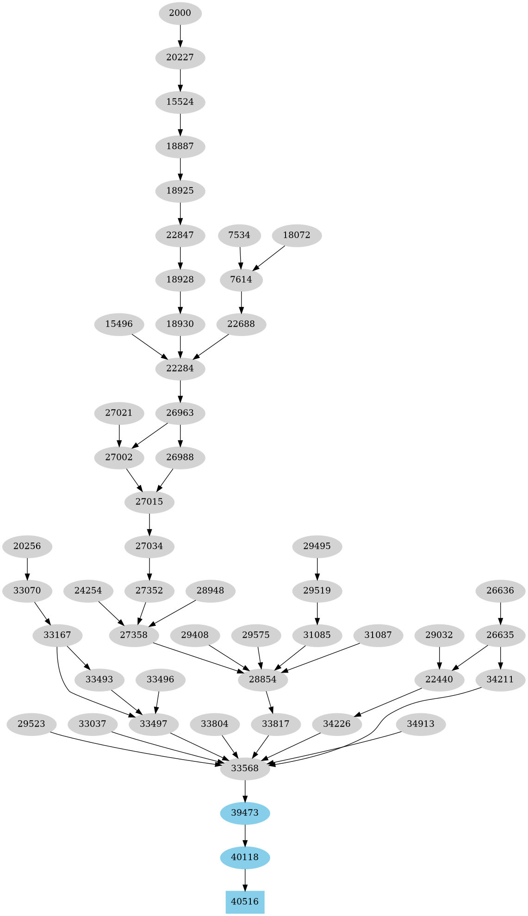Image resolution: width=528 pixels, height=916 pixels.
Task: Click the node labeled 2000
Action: click(x=180, y=13)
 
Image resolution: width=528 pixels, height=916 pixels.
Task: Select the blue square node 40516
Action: click(x=245, y=902)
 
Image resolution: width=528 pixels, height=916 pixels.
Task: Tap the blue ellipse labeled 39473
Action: click(x=245, y=813)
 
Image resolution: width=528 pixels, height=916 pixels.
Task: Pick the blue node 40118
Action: click(x=245, y=857)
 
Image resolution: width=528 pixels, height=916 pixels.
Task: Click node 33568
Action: click(x=245, y=768)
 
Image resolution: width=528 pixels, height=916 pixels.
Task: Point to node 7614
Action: click(x=241, y=280)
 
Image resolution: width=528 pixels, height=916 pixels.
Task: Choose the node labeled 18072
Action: click(x=297, y=235)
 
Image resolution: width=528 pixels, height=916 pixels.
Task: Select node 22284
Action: click(x=180, y=368)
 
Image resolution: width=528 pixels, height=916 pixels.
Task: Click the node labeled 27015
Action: click(x=149, y=502)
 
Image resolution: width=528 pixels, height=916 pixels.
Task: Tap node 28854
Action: click(x=263, y=679)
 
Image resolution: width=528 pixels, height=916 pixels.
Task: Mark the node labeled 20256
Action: click(x=27, y=546)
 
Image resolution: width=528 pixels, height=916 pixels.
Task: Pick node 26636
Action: click(x=501, y=591)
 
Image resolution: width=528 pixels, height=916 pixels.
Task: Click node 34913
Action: click(x=421, y=724)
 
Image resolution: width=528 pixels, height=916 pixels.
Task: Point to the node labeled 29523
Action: click(x=31, y=724)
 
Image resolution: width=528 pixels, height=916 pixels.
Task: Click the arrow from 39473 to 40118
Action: click(x=245, y=835)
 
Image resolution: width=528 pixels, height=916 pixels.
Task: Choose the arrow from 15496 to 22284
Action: click(x=149, y=346)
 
